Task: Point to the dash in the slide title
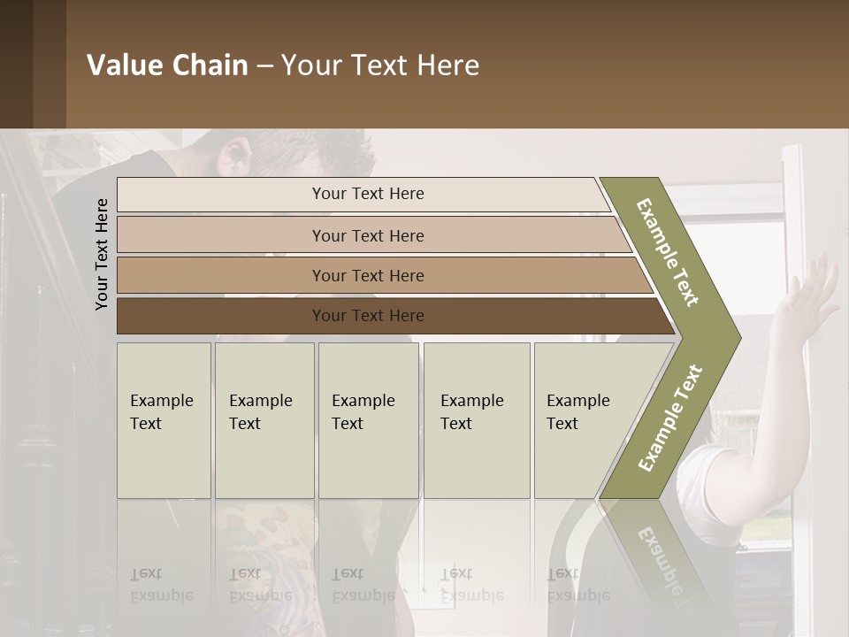pyautogui.click(x=264, y=66)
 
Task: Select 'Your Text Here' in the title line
pyautogui.click(x=380, y=65)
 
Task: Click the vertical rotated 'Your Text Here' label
pyautogui.click(x=102, y=254)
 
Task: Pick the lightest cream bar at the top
pyautogui.click(x=367, y=194)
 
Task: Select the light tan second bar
pyautogui.click(x=367, y=235)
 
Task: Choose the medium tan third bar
pyautogui.click(x=367, y=275)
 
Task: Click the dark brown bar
pyautogui.click(x=367, y=316)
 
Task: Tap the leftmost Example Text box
pyautogui.click(x=164, y=420)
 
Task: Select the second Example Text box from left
pyautogui.click(x=264, y=420)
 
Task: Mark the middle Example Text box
pyautogui.click(x=368, y=420)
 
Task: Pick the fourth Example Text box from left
pyautogui.click(x=476, y=420)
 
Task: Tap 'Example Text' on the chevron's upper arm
pyautogui.click(x=669, y=251)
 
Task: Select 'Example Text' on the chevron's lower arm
pyautogui.click(x=670, y=418)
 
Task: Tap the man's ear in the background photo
pyautogui.click(x=236, y=159)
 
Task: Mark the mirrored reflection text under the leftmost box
pyautogui.click(x=162, y=584)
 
